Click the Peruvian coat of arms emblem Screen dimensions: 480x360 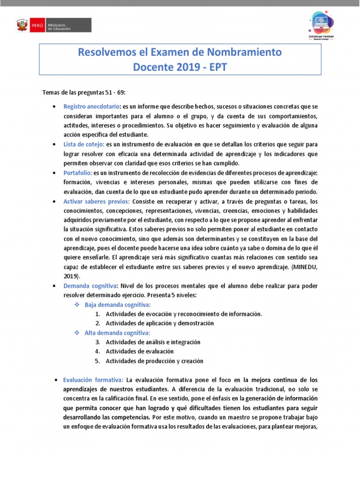click(22, 25)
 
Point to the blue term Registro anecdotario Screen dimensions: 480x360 click(92, 106)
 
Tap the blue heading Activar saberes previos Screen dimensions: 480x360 click(97, 201)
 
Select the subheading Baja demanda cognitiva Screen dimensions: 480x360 click(118, 305)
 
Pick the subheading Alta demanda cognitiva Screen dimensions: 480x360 click(117, 333)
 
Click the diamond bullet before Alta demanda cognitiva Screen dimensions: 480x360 click(78, 333)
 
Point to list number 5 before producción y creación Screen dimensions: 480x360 click(97, 361)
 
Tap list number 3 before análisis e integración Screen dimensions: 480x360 click(97, 342)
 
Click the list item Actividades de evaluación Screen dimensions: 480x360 click(140, 352)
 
